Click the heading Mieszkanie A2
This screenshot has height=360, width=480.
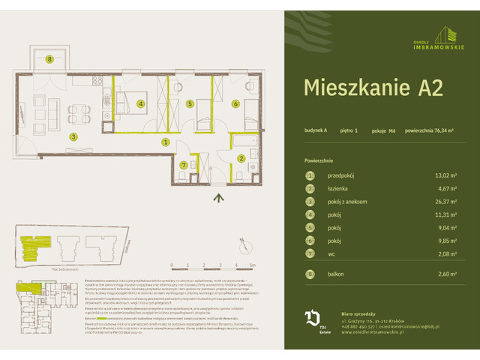coord(373,88)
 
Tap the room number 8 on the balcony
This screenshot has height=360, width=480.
coord(49,59)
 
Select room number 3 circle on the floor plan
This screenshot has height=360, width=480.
coord(73,136)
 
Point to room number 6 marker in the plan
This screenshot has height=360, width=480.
coord(235,104)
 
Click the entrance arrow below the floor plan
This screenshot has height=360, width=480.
coord(218,198)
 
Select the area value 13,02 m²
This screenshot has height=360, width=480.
coord(436,175)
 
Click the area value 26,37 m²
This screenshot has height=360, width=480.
coord(436,202)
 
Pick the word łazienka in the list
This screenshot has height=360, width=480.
coord(340,189)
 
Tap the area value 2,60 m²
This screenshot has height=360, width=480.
coord(438,274)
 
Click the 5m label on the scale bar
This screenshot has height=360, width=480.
coord(253,265)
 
